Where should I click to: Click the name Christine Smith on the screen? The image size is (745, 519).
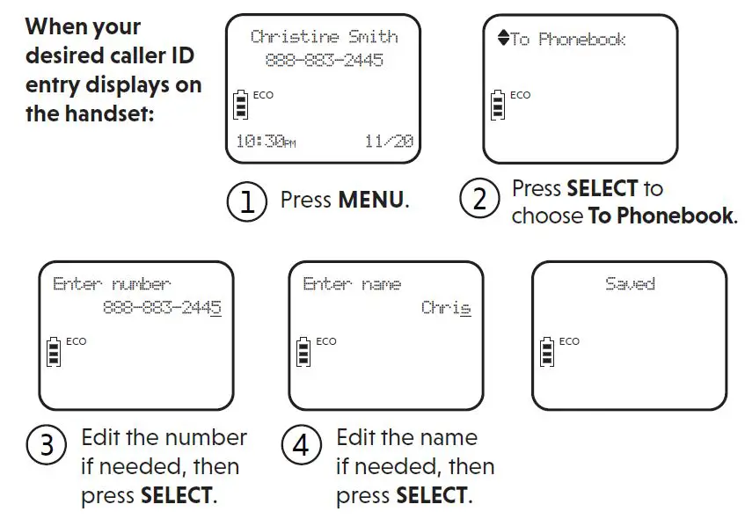click(324, 37)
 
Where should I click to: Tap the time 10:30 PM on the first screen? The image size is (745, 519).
click(266, 142)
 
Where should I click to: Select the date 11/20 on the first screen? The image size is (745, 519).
click(388, 142)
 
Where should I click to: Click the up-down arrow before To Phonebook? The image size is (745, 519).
click(502, 39)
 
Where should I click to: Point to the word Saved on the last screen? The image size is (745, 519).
click(630, 284)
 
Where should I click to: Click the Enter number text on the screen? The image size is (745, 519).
click(112, 284)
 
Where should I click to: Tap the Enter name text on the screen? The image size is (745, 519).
click(352, 284)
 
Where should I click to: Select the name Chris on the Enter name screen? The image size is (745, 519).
click(446, 308)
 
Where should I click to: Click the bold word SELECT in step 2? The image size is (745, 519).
click(603, 188)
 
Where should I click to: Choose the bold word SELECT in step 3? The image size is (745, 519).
click(177, 495)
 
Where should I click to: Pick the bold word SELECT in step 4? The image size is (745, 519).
click(432, 495)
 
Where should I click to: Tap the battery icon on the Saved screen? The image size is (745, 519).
click(547, 352)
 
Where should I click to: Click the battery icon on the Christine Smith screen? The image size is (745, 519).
click(240, 104)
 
